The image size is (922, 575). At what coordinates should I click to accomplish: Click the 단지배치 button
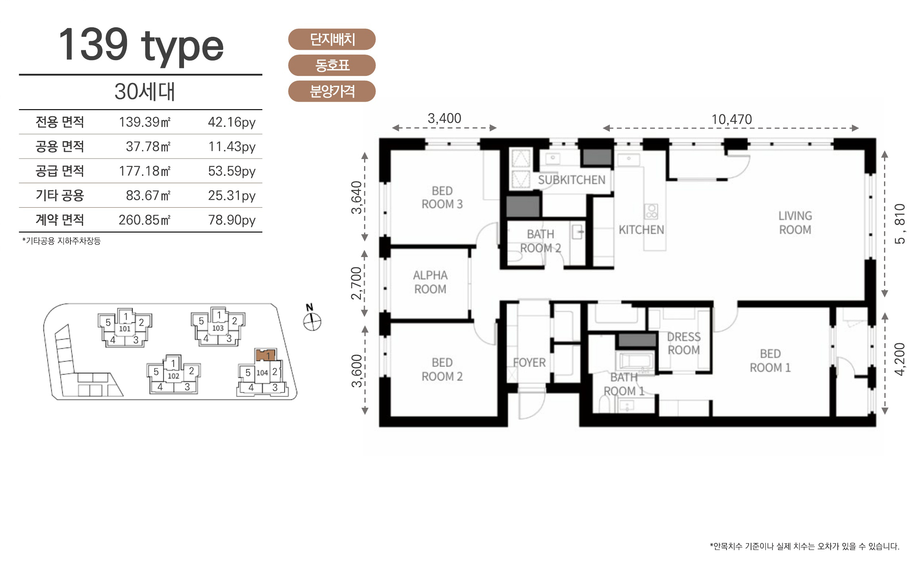point(332,39)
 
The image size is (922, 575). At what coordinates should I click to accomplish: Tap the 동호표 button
point(332,65)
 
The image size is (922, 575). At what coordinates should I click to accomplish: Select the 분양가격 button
point(332,91)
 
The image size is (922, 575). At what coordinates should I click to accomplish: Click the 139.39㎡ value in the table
point(144,122)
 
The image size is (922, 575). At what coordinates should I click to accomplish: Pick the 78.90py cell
point(232,220)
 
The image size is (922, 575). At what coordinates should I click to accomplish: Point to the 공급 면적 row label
point(60,171)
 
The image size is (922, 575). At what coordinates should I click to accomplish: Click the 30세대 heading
point(144,91)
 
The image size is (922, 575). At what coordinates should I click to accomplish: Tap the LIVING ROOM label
point(795,223)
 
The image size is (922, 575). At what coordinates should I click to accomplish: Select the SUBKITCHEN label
point(571,180)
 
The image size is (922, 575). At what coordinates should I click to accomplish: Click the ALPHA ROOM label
point(430,282)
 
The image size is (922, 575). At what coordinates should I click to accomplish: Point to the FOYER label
point(529,362)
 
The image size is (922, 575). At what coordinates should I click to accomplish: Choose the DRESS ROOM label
point(684,343)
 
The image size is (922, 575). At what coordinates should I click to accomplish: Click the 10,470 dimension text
point(732,119)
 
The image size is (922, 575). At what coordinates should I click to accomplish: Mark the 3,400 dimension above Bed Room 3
point(444,118)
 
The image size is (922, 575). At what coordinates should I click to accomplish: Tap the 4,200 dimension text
point(899,359)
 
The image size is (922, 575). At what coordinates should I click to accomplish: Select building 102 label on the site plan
point(173,376)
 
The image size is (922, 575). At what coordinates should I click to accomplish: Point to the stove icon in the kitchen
point(651,212)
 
